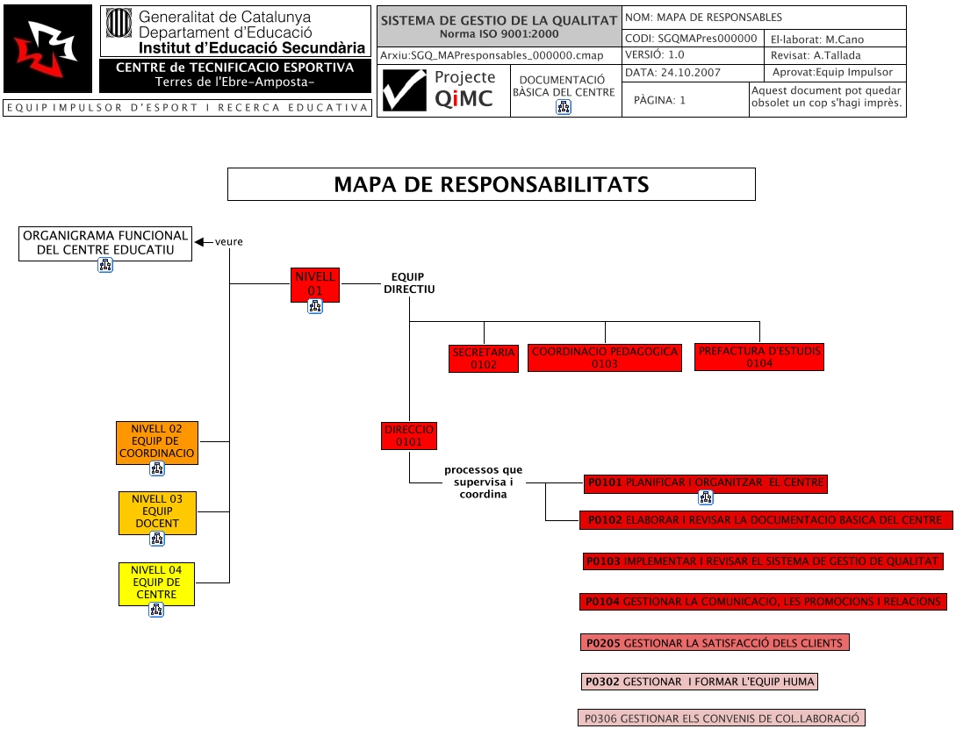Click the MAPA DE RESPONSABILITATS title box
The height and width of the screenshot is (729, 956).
(x=491, y=184)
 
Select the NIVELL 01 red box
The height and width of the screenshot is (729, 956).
(x=315, y=283)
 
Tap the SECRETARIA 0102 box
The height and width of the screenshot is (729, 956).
(x=484, y=358)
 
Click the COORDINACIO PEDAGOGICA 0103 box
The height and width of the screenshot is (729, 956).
(x=604, y=357)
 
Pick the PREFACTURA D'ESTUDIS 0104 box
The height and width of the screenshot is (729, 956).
(x=759, y=357)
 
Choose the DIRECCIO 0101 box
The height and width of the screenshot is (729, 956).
(x=409, y=436)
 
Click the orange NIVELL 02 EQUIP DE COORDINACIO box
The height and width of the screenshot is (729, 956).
(x=157, y=441)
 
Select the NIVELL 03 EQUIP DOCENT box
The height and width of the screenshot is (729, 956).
(x=157, y=511)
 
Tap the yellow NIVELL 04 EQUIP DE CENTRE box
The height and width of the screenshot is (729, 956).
(x=156, y=582)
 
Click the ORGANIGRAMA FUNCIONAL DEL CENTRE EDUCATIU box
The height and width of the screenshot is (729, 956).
(x=105, y=242)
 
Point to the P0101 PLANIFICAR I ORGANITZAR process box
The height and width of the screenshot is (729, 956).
(x=705, y=482)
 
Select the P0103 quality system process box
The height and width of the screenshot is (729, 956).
(x=763, y=561)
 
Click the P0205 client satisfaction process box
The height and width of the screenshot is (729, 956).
(x=715, y=643)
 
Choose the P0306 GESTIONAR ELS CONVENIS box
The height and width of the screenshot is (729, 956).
(x=722, y=717)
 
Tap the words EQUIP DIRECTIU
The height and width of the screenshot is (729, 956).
(x=409, y=282)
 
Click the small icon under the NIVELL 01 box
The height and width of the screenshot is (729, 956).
(x=315, y=306)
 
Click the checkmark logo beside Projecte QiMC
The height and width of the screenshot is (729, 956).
(x=404, y=90)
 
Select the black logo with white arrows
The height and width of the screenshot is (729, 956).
(x=47, y=48)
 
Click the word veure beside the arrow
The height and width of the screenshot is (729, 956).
(x=228, y=242)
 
